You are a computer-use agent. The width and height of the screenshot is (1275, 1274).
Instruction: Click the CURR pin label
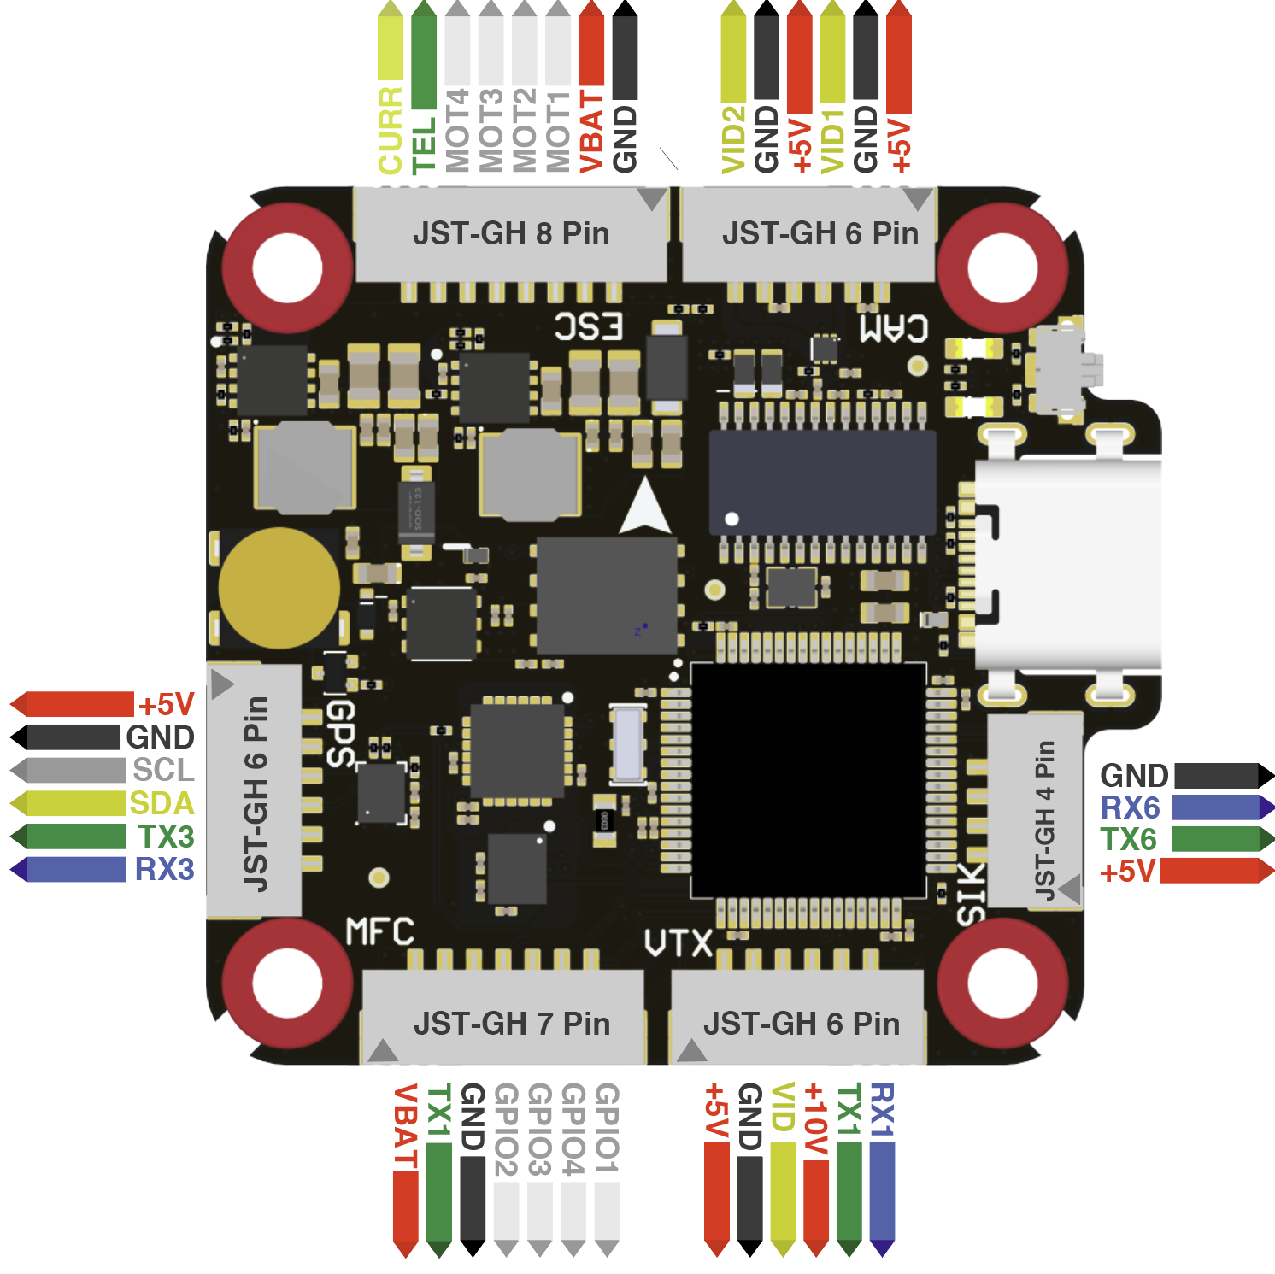(390, 130)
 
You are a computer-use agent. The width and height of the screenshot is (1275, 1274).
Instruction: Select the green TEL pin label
(424, 144)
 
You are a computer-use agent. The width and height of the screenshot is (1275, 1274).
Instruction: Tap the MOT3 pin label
(491, 130)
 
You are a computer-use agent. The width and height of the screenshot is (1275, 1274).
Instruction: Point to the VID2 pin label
(733, 139)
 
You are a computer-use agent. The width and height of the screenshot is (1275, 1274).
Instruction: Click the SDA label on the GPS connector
(162, 803)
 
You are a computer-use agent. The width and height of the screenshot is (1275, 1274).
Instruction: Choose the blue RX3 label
(165, 870)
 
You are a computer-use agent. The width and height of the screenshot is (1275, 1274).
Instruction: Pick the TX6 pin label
(1128, 839)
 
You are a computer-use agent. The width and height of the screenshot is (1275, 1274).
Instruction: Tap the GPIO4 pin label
(573, 1129)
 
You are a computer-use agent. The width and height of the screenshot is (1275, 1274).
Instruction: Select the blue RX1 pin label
(881, 1110)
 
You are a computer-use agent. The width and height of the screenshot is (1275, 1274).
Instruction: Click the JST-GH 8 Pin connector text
(511, 233)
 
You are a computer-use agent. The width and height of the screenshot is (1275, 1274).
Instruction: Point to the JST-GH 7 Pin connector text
(512, 1024)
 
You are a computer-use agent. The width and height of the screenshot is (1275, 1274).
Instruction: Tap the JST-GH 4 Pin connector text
(1044, 820)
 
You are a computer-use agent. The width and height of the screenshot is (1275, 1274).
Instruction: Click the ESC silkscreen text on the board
(589, 326)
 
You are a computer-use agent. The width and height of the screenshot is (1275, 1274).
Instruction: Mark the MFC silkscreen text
(380, 931)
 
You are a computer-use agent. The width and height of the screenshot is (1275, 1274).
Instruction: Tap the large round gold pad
(279, 588)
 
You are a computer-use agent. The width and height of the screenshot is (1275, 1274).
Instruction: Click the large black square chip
(808, 780)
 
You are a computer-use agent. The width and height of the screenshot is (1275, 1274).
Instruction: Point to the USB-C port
(1068, 564)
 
